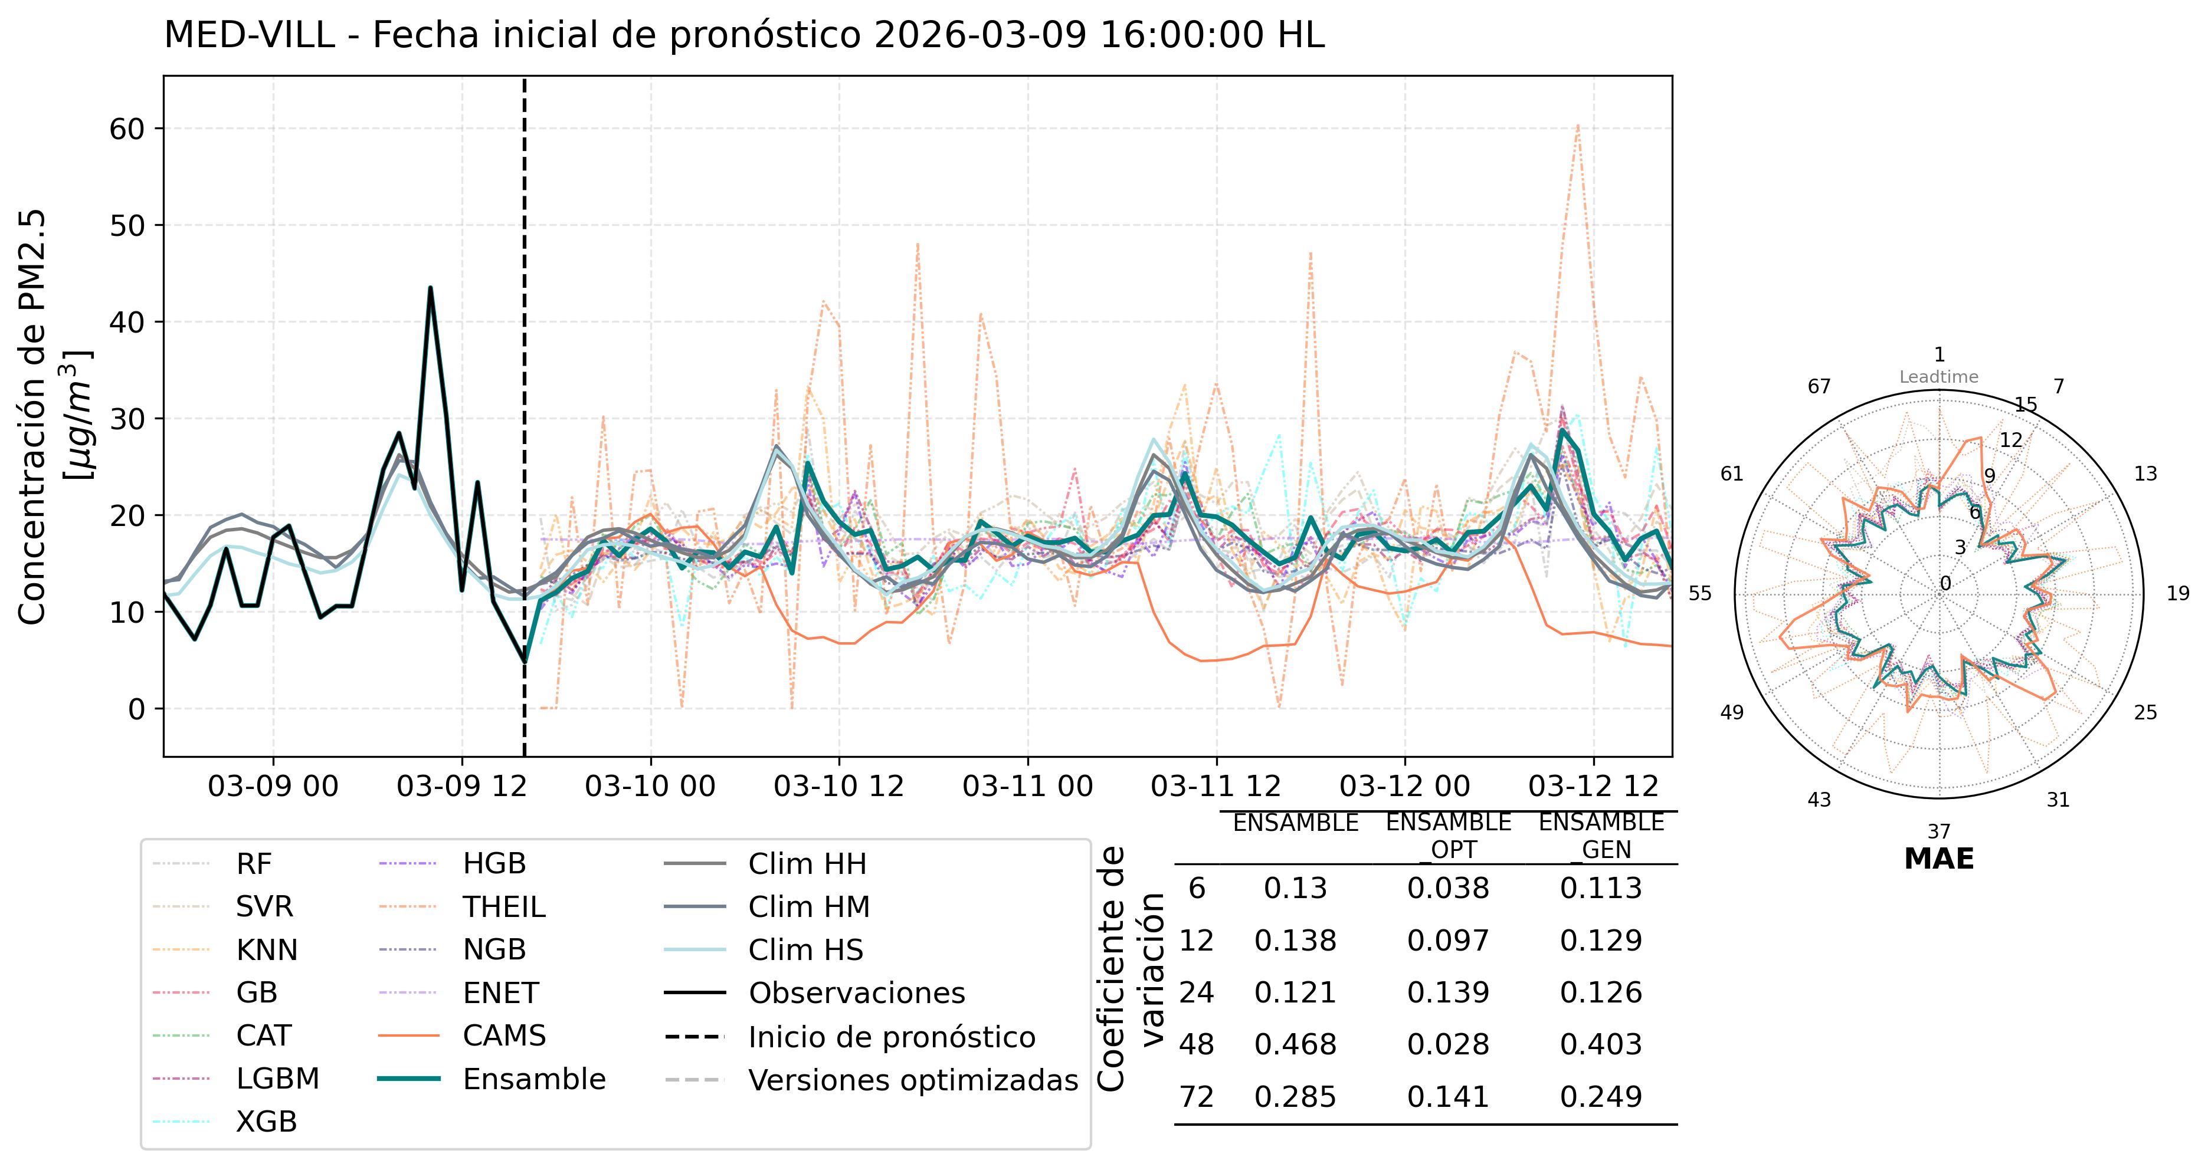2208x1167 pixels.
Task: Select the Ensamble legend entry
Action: point(533,1079)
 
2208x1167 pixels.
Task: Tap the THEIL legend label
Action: point(504,906)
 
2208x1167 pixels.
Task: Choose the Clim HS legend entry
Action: point(805,949)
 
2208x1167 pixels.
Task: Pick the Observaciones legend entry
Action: point(856,992)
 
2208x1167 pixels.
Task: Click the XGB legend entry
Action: point(266,1122)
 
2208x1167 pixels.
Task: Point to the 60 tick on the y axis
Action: point(126,129)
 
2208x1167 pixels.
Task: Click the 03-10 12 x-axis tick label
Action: point(838,785)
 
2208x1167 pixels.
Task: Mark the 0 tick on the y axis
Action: point(136,709)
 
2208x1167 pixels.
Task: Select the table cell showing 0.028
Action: point(1448,1044)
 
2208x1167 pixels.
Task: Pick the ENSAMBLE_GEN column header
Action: point(1600,836)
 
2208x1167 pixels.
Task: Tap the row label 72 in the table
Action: point(1197,1097)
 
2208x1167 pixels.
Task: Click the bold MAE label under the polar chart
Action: point(1939,859)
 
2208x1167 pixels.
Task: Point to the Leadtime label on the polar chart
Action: point(1939,377)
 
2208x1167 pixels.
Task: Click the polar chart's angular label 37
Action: point(1939,831)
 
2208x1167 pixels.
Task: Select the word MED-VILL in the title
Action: point(248,36)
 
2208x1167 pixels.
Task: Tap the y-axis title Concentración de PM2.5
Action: point(32,418)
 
